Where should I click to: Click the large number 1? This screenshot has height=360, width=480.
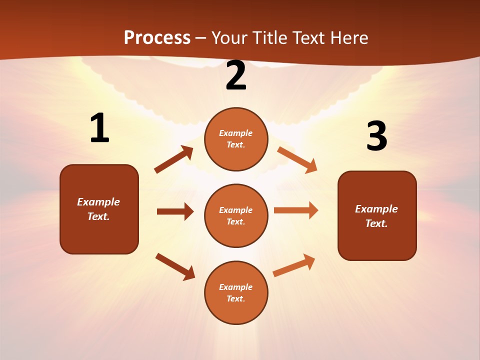click(x=99, y=128)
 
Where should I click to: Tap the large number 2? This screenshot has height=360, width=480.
click(x=236, y=75)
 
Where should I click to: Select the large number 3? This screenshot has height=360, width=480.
click(x=376, y=136)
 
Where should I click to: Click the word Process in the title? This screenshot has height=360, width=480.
click(x=157, y=37)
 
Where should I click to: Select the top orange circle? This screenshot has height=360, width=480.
click(x=236, y=139)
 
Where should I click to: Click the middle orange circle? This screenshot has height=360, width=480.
click(x=236, y=215)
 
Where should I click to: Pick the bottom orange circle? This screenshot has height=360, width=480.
click(x=236, y=292)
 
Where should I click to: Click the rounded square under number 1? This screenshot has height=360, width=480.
click(x=99, y=209)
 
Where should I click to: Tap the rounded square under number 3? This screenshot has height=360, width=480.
click(x=377, y=215)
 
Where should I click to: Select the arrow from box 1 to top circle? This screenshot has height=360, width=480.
click(x=174, y=159)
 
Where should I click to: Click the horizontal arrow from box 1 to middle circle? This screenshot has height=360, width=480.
click(x=175, y=211)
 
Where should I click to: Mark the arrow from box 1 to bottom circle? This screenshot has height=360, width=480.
click(x=175, y=266)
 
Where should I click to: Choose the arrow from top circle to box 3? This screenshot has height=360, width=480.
click(x=297, y=160)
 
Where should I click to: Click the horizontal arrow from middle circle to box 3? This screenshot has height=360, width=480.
click(x=296, y=210)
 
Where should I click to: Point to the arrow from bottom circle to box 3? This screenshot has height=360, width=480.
click(x=294, y=265)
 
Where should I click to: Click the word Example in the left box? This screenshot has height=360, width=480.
click(x=98, y=202)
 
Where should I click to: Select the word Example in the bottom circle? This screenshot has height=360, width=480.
click(x=235, y=287)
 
